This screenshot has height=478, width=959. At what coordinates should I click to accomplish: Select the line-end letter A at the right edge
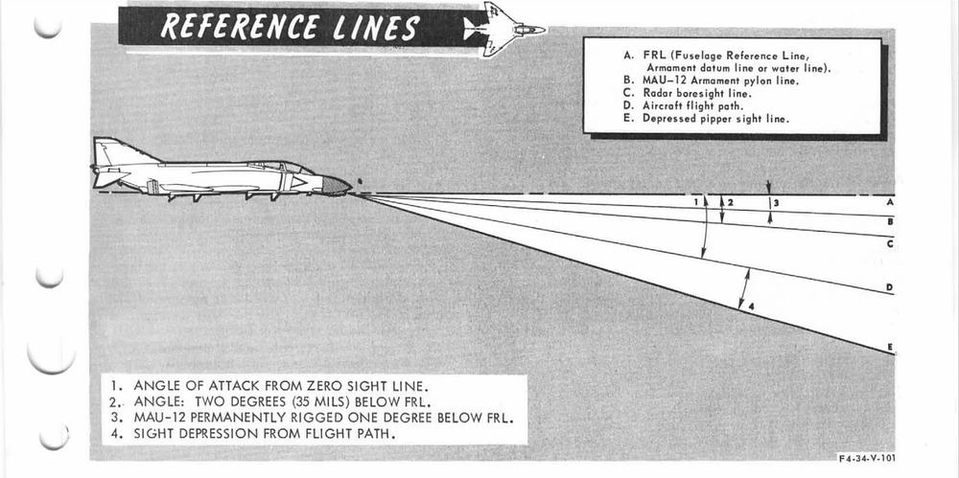(890, 202)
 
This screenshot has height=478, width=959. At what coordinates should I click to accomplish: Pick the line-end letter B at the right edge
(890, 222)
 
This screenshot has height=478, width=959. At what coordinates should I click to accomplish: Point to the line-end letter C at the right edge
(890, 244)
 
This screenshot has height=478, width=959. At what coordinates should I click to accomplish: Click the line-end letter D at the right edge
(890, 286)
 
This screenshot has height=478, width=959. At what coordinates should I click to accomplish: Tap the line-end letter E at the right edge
(890, 346)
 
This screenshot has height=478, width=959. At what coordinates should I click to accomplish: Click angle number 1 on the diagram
(695, 202)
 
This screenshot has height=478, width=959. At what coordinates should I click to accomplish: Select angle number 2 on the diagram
(731, 203)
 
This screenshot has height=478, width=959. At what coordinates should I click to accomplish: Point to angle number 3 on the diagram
(776, 203)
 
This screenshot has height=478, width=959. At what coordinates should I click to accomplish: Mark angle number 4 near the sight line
(751, 307)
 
